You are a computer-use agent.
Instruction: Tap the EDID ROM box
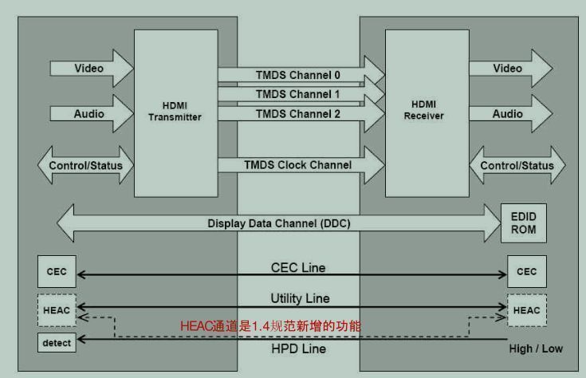(x=524, y=223)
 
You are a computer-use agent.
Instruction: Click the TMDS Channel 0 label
(x=297, y=75)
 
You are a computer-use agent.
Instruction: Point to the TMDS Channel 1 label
(x=297, y=94)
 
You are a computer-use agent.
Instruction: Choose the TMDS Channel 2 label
(x=297, y=114)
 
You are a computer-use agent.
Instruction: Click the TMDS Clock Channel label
(x=297, y=165)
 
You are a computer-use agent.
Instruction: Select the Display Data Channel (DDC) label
(x=278, y=223)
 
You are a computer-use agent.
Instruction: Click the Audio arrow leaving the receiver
(x=509, y=114)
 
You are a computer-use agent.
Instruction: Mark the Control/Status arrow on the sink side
(x=517, y=166)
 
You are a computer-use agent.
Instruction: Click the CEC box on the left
(x=57, y=272)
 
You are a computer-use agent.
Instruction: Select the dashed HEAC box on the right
(x=526, y=310)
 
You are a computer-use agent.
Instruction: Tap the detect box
(x=57, y=343)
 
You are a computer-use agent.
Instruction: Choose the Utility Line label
(x=299, y=297)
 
